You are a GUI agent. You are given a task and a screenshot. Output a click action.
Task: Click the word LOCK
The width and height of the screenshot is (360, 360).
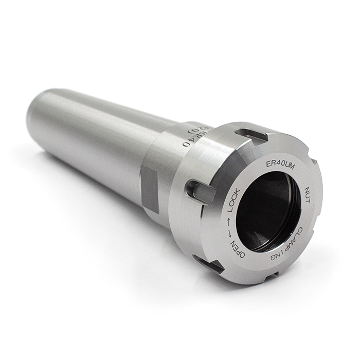pyautogui.click(x=232, y=203)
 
